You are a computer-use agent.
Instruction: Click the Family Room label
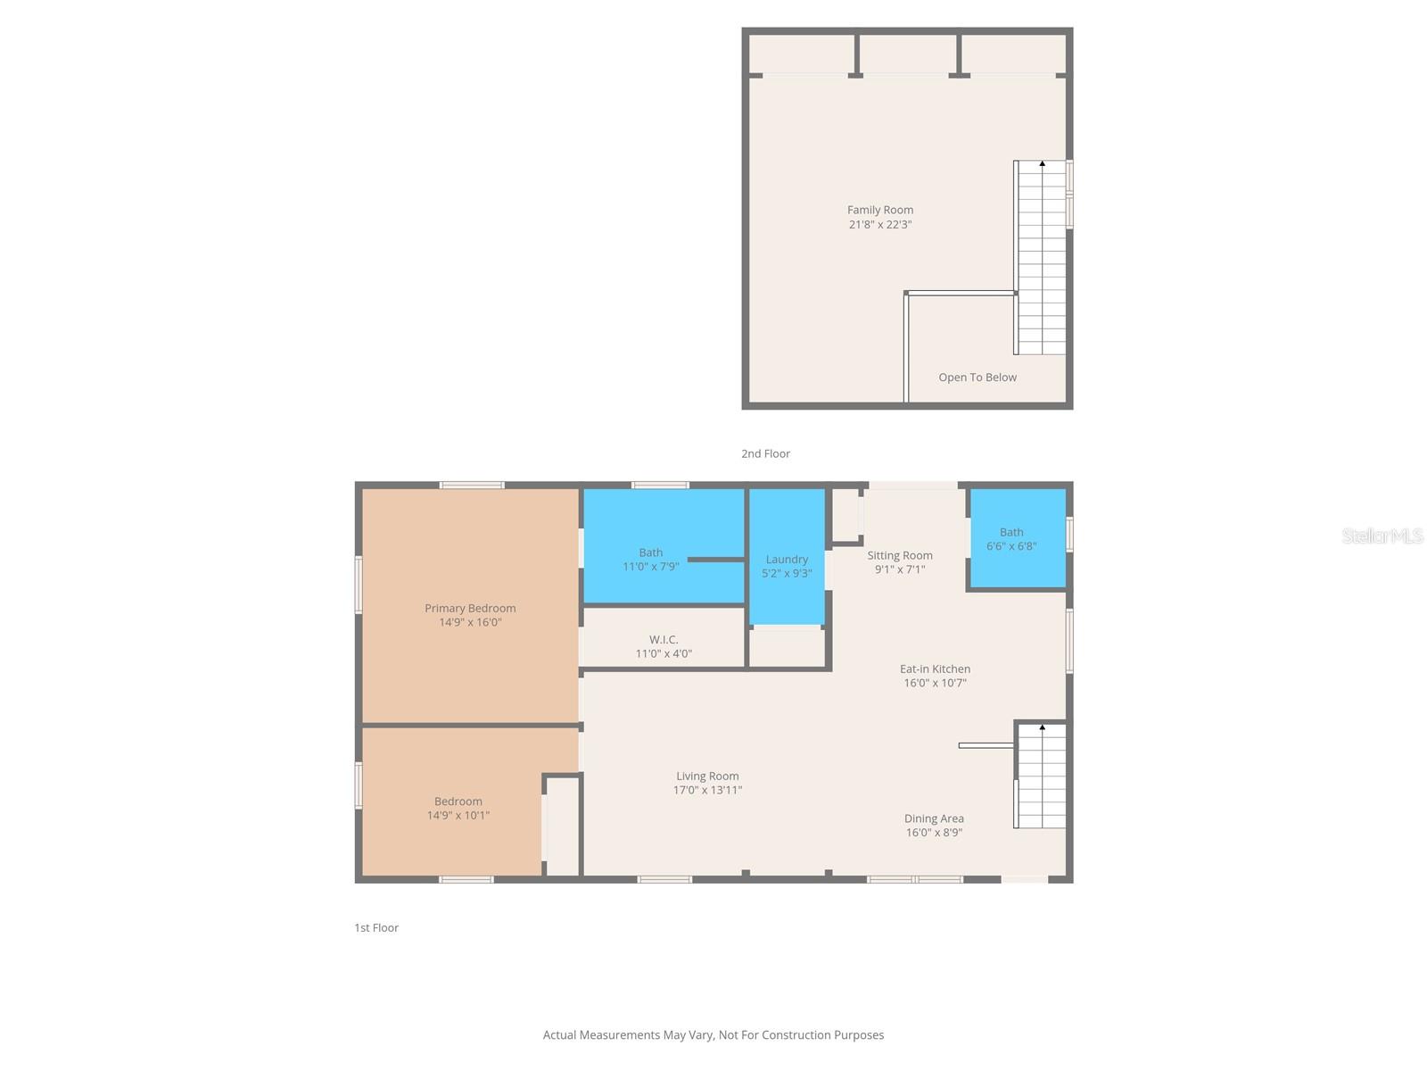coord(879,210)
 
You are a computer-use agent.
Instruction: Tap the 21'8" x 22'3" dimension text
coord(879,225)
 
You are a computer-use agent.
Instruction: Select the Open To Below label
coord(977,378)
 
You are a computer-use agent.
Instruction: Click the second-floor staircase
coord(1042,259)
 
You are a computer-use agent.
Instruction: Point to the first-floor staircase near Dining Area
coord(1042,776)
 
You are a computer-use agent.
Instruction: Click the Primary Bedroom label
coord(470,609)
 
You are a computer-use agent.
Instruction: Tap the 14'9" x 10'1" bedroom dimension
coord(458,816)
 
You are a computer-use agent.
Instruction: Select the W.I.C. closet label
coord(664,640)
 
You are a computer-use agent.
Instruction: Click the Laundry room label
coord(787,560)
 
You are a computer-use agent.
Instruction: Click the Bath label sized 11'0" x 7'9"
coord(650,552)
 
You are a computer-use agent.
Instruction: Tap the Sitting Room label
coord(899,555)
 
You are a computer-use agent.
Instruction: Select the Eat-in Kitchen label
coord(935,668)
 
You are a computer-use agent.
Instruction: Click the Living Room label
coord(707,776)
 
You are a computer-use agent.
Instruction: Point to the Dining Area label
coord(934,818)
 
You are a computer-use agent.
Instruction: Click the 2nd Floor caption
coord(765,453)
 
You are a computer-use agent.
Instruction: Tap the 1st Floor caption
coord(376,928)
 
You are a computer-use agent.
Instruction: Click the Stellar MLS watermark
coord(1382,535)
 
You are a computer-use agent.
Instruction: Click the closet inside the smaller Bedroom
coord(562,826)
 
